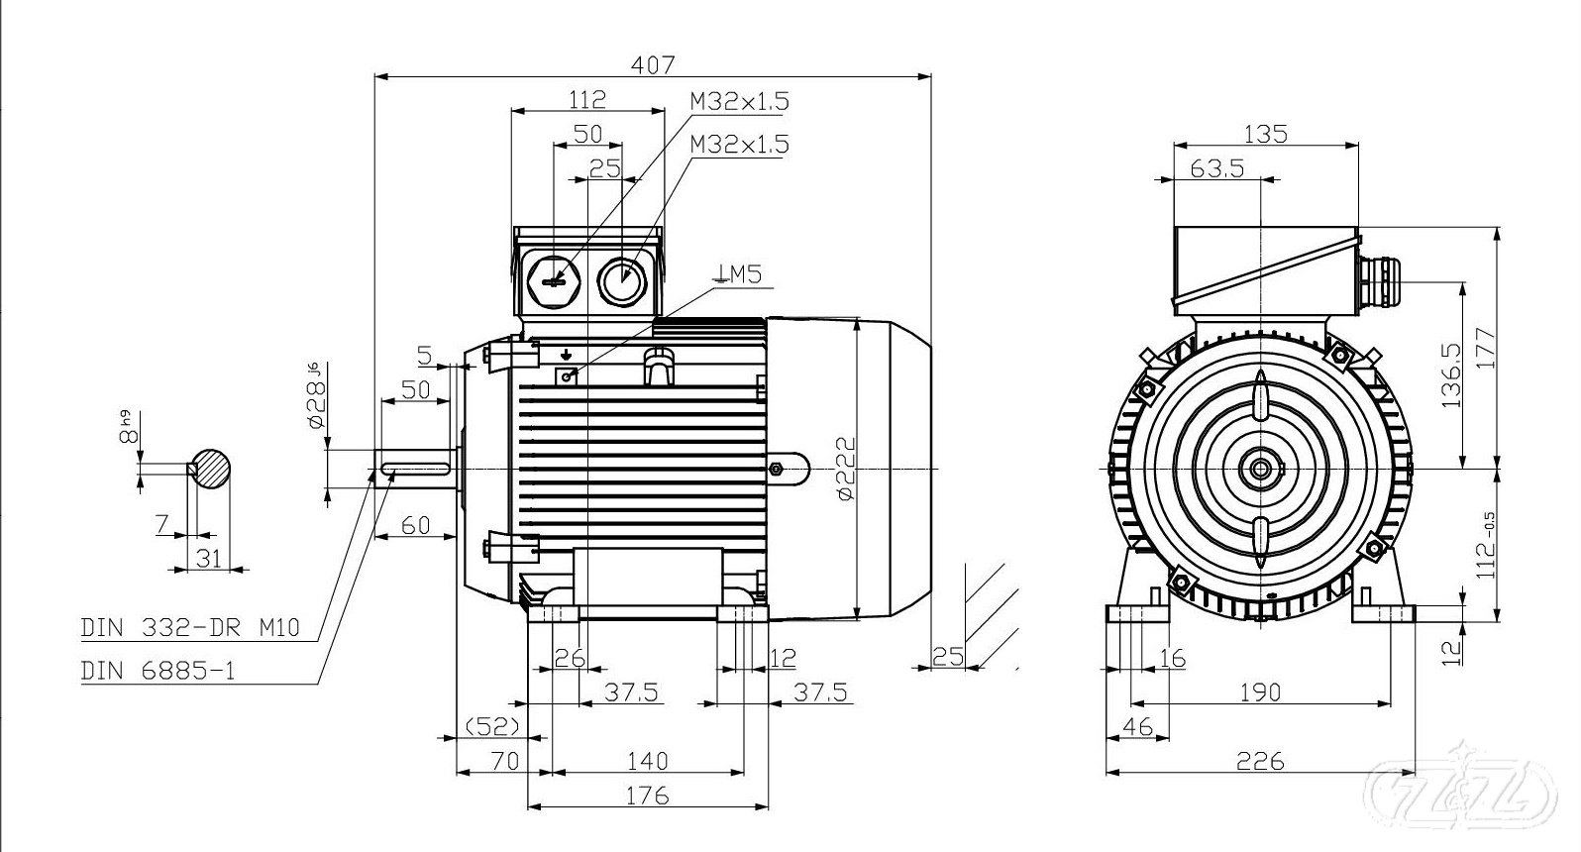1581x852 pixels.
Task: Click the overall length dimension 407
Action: click(653, 65)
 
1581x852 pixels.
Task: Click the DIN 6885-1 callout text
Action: click(158, 672)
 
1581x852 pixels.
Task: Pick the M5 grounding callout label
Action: click(742, 274)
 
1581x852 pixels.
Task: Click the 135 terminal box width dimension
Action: click(1265, 133)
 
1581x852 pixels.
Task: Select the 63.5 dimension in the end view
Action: click(1216, 168)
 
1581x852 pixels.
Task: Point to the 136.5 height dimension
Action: click(1452, 376)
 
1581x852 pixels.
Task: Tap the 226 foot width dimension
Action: click(1260, 761)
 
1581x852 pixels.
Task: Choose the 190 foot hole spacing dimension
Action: click(1259, 692)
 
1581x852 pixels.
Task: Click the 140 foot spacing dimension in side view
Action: click(647, 761)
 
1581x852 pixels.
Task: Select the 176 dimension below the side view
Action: click(647, 796)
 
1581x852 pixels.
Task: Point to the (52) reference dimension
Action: click(492, 726)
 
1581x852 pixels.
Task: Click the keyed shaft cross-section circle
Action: click(213, 469)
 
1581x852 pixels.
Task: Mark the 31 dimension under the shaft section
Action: click(208, 558)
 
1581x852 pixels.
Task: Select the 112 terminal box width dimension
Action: click(586, 99)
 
